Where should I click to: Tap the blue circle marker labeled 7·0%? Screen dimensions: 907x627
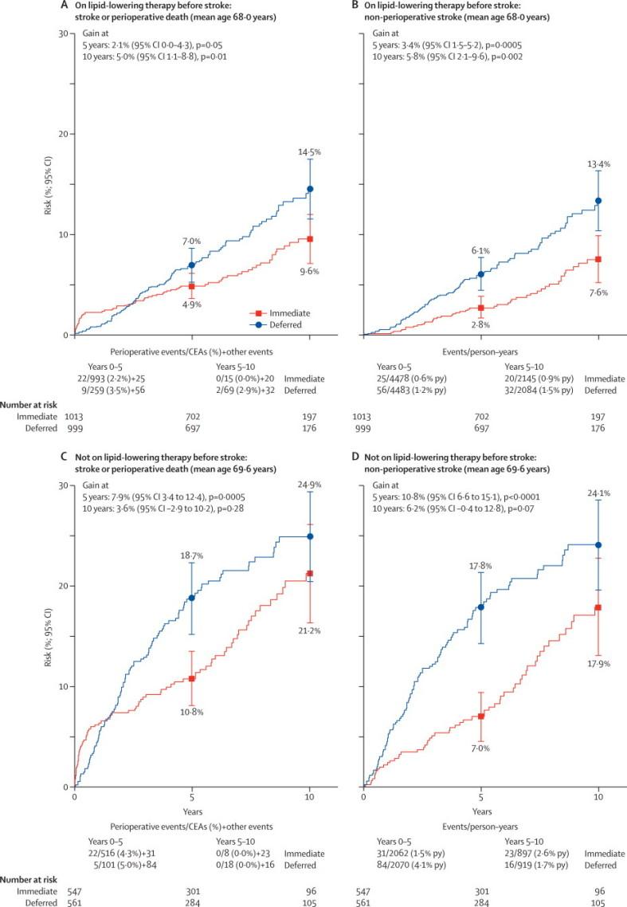(191, 265)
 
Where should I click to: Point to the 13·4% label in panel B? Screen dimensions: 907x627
(598, 163)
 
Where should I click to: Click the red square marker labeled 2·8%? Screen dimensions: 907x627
(480, 308)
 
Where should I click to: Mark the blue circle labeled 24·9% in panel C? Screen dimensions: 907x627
(310, 536)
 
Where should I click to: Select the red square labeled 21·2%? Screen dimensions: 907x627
(310, 574)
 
